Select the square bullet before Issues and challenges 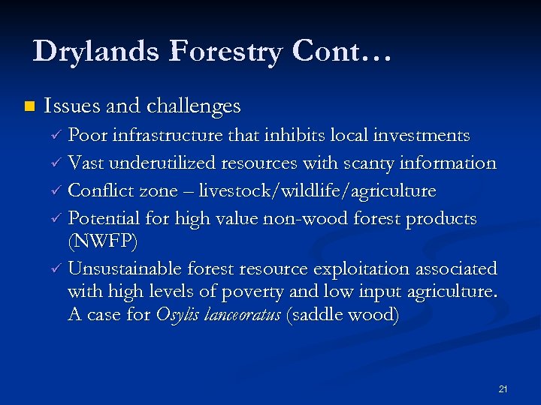[29, 106]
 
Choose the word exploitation [369, 268]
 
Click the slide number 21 [503, 389]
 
